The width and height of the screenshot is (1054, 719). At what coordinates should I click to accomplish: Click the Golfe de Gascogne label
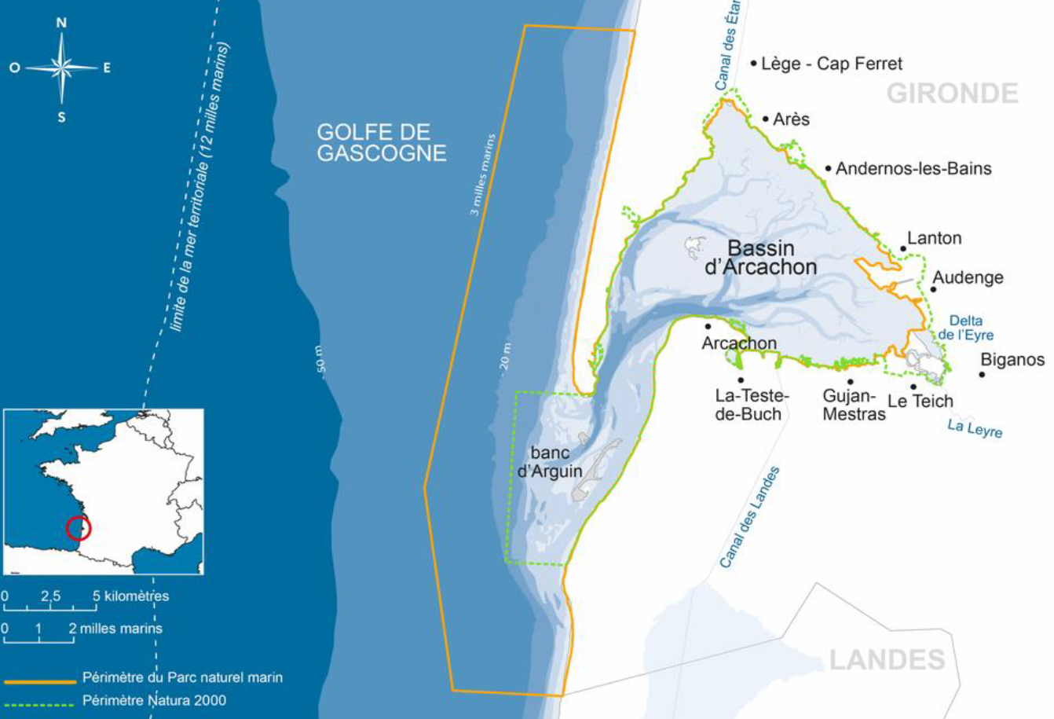coord(382,142)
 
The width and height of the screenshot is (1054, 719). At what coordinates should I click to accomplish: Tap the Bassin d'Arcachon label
coord(760,258)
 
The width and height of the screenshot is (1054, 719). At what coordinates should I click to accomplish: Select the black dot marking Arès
coord(766,119)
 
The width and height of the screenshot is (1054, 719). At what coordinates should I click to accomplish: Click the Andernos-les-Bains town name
coord(913,168)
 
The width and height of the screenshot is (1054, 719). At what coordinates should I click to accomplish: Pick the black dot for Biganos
coord(982,374)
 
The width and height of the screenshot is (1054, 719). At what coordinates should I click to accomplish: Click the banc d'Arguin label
coord(550,462)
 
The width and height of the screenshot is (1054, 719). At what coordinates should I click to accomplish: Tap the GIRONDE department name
coord(952,94)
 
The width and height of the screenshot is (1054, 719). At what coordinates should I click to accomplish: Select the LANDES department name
coord(887,659)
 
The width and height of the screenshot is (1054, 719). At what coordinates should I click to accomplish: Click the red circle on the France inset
coord(78,528)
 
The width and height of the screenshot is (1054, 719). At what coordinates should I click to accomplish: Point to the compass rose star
coord(61,68)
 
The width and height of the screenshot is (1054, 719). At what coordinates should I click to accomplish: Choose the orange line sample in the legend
coord(39,681)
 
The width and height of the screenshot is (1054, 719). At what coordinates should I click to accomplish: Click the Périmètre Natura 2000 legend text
coord(154,700)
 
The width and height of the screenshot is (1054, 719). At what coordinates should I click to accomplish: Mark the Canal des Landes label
coord(750,516)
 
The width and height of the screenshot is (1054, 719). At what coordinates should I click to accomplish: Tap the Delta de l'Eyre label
coord(965,328)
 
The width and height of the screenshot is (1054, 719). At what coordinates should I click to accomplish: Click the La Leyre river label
coord(975,428)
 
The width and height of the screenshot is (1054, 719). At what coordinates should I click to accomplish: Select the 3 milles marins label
coord(483,174)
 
